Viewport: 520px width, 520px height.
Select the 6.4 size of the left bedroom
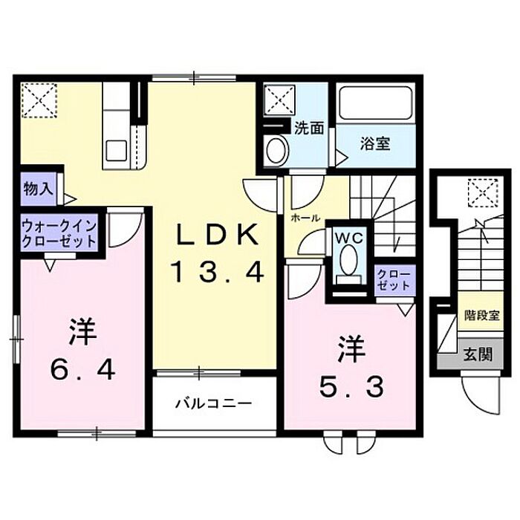[83, 368]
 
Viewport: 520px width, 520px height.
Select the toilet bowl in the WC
[346, 261]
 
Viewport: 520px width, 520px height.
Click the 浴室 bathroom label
[376, 143]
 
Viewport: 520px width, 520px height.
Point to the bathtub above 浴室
[374, 105]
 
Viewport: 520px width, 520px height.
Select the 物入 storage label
[38, 188]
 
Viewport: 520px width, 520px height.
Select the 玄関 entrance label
[479, 354]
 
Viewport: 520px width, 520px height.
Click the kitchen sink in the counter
[117, 149]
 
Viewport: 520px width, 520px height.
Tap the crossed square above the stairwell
[480, 194]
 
